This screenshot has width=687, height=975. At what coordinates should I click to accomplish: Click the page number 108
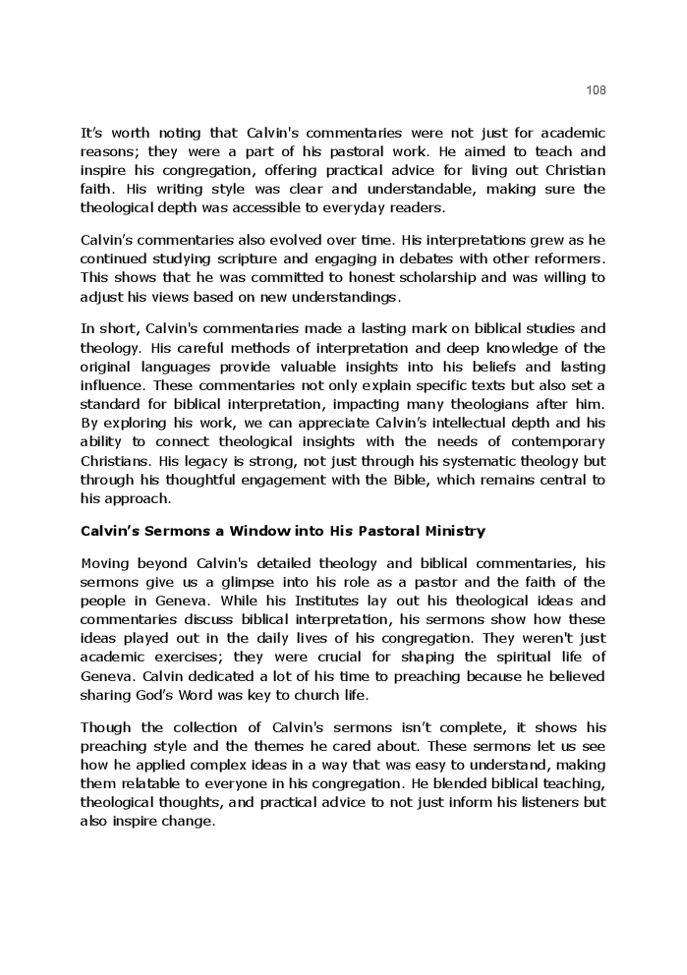(596, 90)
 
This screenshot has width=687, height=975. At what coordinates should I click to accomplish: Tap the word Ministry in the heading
(450, 532)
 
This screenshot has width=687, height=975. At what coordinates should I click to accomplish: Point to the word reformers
(570, 258)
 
